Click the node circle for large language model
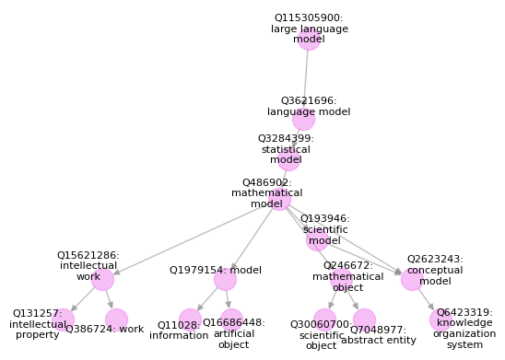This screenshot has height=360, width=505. tap(309, 39)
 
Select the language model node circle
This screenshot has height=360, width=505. tap(303, 119)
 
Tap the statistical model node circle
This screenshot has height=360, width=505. tap(288, 159)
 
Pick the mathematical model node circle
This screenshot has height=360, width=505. tap(280, 199)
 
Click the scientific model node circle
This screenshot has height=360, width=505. tap(317, 239)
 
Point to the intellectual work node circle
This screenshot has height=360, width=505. tap(102, 279)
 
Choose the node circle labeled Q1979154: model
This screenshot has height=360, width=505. tap(225, 279)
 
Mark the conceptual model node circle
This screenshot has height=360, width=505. tap(412, 279)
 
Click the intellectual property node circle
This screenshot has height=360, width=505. tap(63, 319)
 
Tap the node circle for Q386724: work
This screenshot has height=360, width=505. tap(116, 319)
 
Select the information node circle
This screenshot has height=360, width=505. tap(190, 319)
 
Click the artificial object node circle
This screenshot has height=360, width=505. tap(231, 319)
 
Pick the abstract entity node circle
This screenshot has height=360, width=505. tap(364, 319)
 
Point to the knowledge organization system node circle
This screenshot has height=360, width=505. tap(440, 319)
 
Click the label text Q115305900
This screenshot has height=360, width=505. tap(309, 17)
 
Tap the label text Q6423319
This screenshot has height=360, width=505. tap(464, 312)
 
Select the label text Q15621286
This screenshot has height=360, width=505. tap(88, 255)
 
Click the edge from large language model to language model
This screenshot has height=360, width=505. tap(306, 79)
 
